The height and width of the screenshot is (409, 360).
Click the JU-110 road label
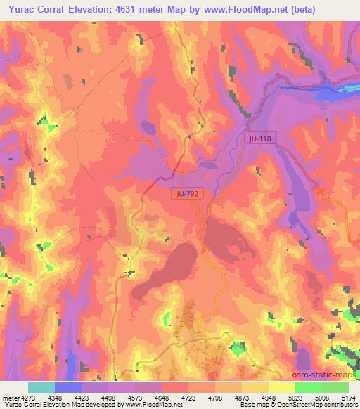[259, 140]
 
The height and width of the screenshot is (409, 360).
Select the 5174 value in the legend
[348, 396]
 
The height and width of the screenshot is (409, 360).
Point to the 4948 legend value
[269, 396]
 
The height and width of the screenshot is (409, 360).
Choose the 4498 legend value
[108, 396]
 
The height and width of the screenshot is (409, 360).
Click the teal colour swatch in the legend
[41, 387]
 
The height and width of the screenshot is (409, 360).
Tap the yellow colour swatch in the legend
[281, 387]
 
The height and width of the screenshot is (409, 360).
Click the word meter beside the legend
[8, 396]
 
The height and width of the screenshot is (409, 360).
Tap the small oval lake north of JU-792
[148, 127]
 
